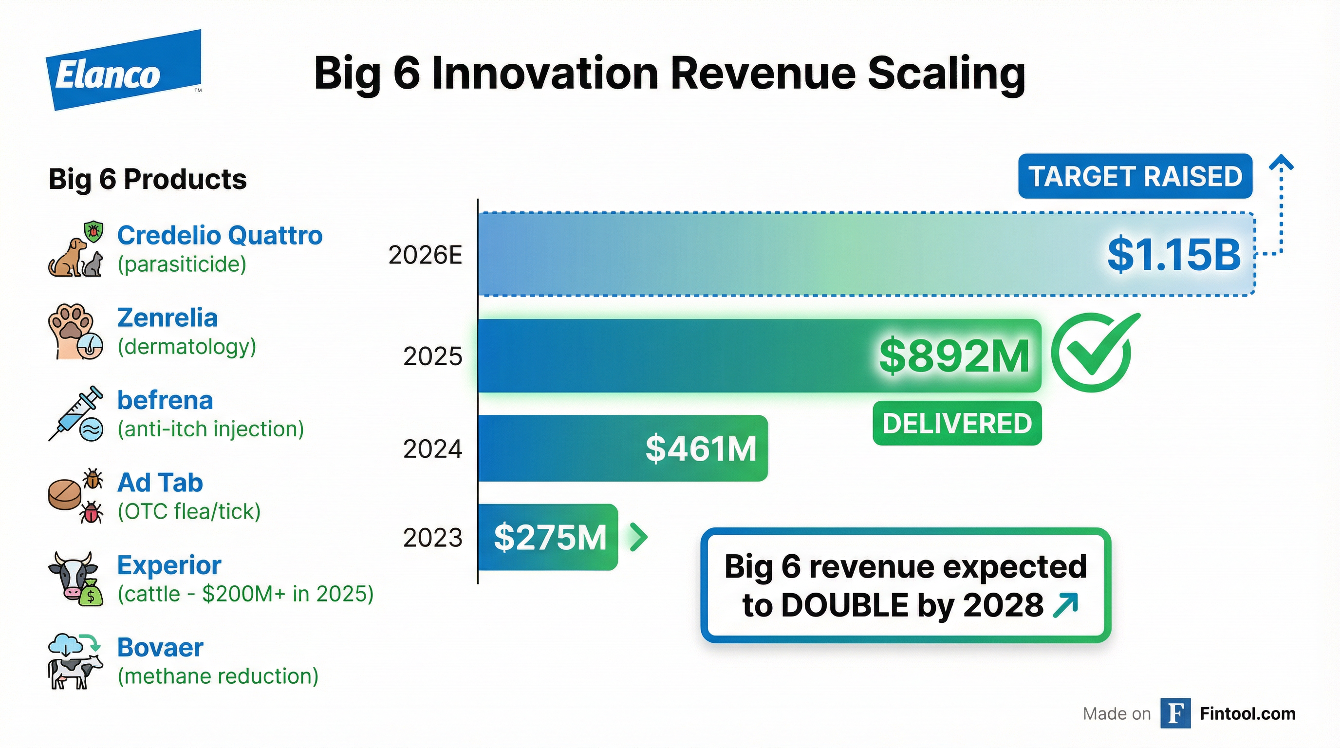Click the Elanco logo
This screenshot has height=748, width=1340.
tap(124, 70)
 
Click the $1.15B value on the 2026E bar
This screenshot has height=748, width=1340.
tap(1173, 254)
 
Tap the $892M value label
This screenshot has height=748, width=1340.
tap(953, 356)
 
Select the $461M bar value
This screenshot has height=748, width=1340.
tap(700, 449)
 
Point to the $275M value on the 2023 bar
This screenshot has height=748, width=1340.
tap(550, 537)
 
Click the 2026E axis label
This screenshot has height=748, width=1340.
tap(425, 255)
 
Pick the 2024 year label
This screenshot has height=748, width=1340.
tap(432, 449)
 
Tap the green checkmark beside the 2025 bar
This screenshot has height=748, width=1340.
tap(1092, 352)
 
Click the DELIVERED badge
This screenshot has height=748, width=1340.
tap(957, 423)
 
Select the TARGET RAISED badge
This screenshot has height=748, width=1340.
tap(1135, 176)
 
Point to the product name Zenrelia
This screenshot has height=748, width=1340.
tap(167, 318)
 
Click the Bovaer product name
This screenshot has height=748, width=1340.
tap(160, 648)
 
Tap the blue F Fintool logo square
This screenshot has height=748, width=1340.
tap(1175, 714)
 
